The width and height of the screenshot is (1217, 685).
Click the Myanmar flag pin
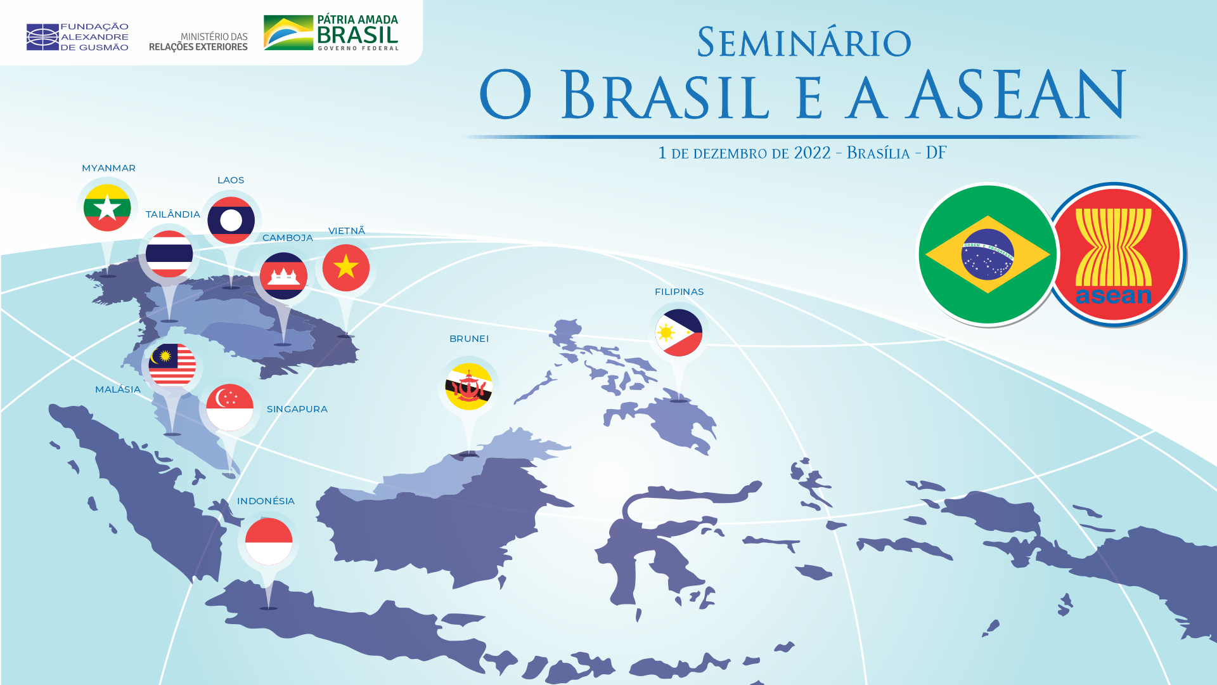107,208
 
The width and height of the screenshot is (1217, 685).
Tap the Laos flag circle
231,220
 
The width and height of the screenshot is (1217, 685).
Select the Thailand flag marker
169,254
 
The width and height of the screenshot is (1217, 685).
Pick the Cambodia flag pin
283,276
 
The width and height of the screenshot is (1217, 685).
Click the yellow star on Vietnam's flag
346,266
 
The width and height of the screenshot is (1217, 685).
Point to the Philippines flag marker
679,332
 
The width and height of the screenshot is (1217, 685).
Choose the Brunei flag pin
469,386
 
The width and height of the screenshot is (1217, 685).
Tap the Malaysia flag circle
172,365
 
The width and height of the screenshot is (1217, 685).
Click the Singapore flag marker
229,407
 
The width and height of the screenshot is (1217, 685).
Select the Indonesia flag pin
269,541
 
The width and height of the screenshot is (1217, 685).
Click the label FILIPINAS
679,292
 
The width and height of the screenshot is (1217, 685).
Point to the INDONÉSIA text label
266,501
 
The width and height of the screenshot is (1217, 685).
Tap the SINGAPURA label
297,409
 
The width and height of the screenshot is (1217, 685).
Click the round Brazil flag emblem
988,254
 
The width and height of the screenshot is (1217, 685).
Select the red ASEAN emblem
1114,254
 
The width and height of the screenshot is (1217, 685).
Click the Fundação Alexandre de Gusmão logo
77,37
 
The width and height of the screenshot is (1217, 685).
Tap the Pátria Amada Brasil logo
331,32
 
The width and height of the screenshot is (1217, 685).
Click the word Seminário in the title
804,42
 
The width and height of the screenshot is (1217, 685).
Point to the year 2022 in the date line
812,153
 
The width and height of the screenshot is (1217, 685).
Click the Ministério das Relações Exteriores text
198,42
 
